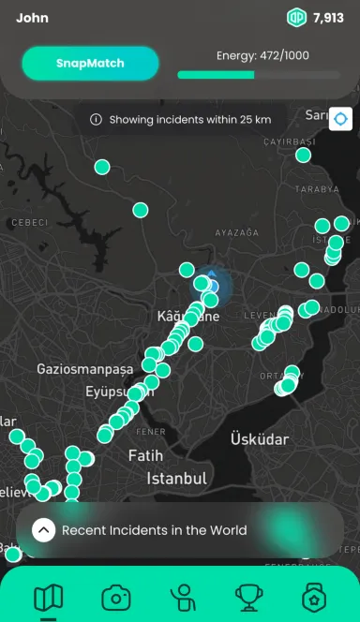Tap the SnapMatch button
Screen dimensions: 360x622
click(90, 64)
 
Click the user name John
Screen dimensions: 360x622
click(32, 18)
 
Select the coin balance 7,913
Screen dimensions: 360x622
click(329, 18)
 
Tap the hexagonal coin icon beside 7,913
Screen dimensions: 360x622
click(297, 18)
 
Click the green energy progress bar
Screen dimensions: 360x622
click(216, 75)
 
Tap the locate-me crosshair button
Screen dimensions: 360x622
click(339, 120)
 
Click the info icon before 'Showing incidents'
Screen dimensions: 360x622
click(96, 120)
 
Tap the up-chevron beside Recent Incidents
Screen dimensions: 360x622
click(43, 530)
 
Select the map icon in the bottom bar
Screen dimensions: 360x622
click(48, 597)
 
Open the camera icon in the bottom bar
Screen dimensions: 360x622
click(115, 597)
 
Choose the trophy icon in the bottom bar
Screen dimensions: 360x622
click(248, 597)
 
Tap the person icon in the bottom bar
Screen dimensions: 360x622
click(182, 597)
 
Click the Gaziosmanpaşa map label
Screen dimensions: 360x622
click(85, 369)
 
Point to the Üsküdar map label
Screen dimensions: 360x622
click(259, 438)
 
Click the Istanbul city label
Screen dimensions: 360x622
click(176, 479)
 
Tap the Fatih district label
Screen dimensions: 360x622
click(145, 456)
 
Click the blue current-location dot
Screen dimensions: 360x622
click(212, 286)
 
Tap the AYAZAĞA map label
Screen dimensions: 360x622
click(236, 231)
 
